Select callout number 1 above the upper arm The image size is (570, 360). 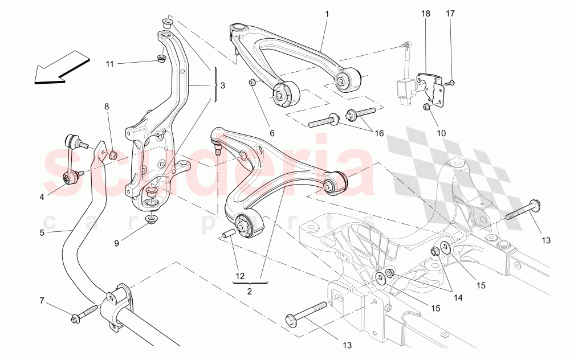(327, 13)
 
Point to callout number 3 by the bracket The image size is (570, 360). (223, 85)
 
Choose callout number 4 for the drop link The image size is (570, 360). (42, 197)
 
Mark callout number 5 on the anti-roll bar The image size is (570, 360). (42, 232)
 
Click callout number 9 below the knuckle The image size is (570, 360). (116, 243)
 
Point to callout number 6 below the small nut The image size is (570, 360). (272, 133)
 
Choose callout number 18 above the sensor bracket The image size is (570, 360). (426, 13)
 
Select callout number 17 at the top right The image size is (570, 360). (450, 13)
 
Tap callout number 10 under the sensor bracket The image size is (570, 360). (442, 133)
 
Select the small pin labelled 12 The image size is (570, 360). (228, 234)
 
